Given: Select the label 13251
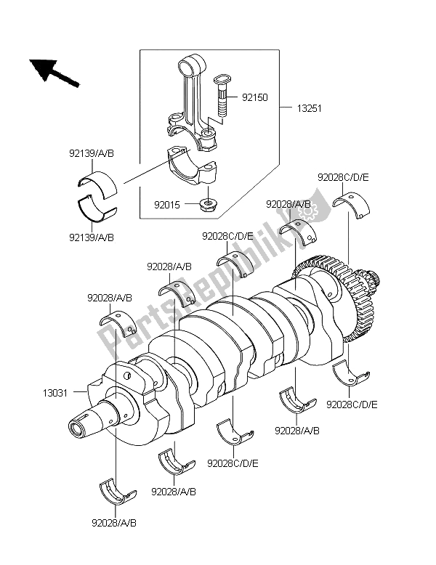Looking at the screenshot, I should (x=307, y=108).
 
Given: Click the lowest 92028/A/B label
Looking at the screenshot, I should (x=115, y=521).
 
